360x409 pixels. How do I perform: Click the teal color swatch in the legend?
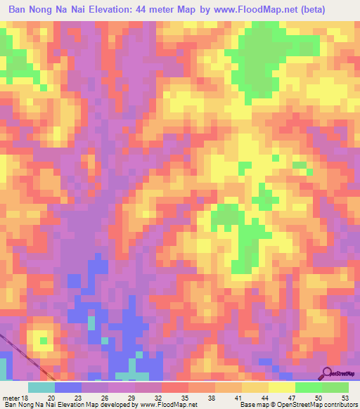coord(41,387)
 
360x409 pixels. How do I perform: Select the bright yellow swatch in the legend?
coord(282,387)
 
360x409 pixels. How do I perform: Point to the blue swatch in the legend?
coord(68,387)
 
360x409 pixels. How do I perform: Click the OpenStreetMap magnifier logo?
coord(328,372)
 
